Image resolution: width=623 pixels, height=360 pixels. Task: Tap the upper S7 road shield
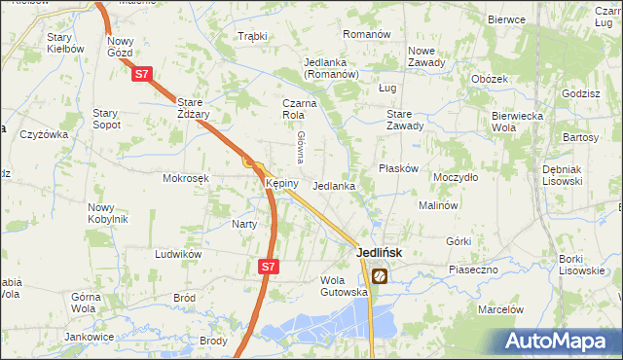tap(142, 73)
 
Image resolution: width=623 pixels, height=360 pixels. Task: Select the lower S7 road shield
tap(270, 265)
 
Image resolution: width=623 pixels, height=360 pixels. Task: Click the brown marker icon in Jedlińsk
tap(379, 276)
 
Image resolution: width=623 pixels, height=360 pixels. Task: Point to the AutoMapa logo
tap(560, 342)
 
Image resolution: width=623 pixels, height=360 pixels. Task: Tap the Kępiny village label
tap(275, 183)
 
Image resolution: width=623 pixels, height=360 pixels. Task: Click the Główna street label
tap(302, 146)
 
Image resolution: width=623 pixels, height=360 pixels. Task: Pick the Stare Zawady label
tap(405, 119)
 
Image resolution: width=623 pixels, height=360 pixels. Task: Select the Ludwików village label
tap(178, 254)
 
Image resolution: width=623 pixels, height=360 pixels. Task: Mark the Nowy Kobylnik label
tap(108, 212)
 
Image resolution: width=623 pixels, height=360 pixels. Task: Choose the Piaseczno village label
tap(474, 269)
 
